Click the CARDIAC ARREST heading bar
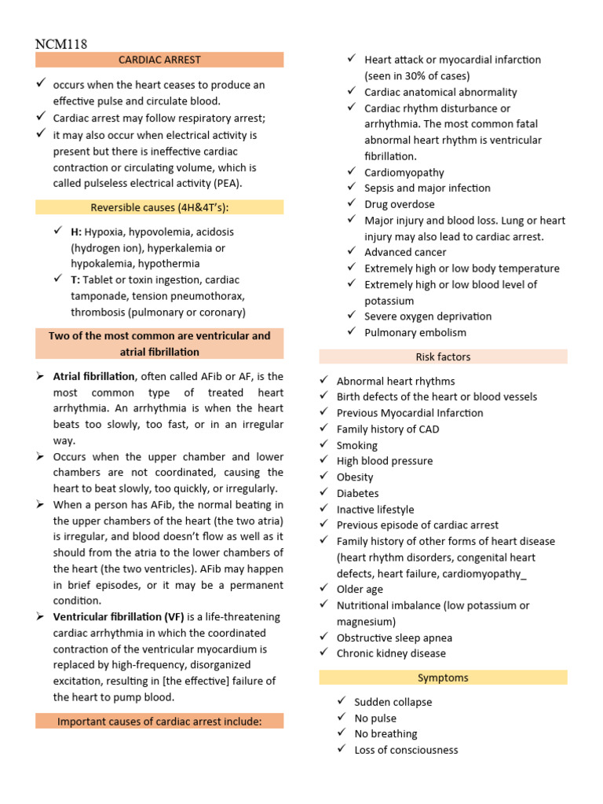point(159,60)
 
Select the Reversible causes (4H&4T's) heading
point(159,207)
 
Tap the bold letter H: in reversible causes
point(76,232)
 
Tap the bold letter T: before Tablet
point(75,280)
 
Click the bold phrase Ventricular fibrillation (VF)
point(119,617)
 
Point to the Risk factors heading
point(443,357)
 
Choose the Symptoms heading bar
point(443,678)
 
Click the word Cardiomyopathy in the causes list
point(404,172)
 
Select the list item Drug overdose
point(399,204)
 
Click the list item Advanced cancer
point(405,252)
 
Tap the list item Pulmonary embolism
point(415,332)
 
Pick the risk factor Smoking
point(357,445)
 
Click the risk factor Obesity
point(355,477)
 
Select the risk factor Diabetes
point(357,493)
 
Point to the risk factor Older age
point(360,589)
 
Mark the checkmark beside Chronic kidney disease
point(323,652)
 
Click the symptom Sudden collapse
point(393,702)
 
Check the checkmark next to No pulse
point(341,718)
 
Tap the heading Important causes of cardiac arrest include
point(159,722)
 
